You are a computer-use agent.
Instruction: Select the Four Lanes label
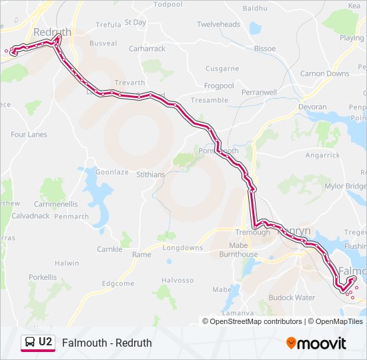click(x=29, y=135)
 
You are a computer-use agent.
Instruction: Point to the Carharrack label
click(x=147, y=49)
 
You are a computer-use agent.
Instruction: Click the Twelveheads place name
click(x=218, y=25)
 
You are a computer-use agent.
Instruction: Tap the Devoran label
click(x=313, y=107)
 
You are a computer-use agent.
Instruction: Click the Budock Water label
click(x=292, y=297)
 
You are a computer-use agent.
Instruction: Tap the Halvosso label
click(x=177, y=280)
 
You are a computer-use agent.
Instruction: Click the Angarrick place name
click(x=322, y=155)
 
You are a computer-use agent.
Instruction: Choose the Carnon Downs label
click(x=324, y=74)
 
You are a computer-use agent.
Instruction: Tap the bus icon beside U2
click(x=29, y=343)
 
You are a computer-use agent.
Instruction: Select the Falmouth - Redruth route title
click(x=107, y=343)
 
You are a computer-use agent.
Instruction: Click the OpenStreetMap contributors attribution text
click(x=256, y=321)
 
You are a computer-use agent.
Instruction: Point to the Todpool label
click(x=167, y=4)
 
